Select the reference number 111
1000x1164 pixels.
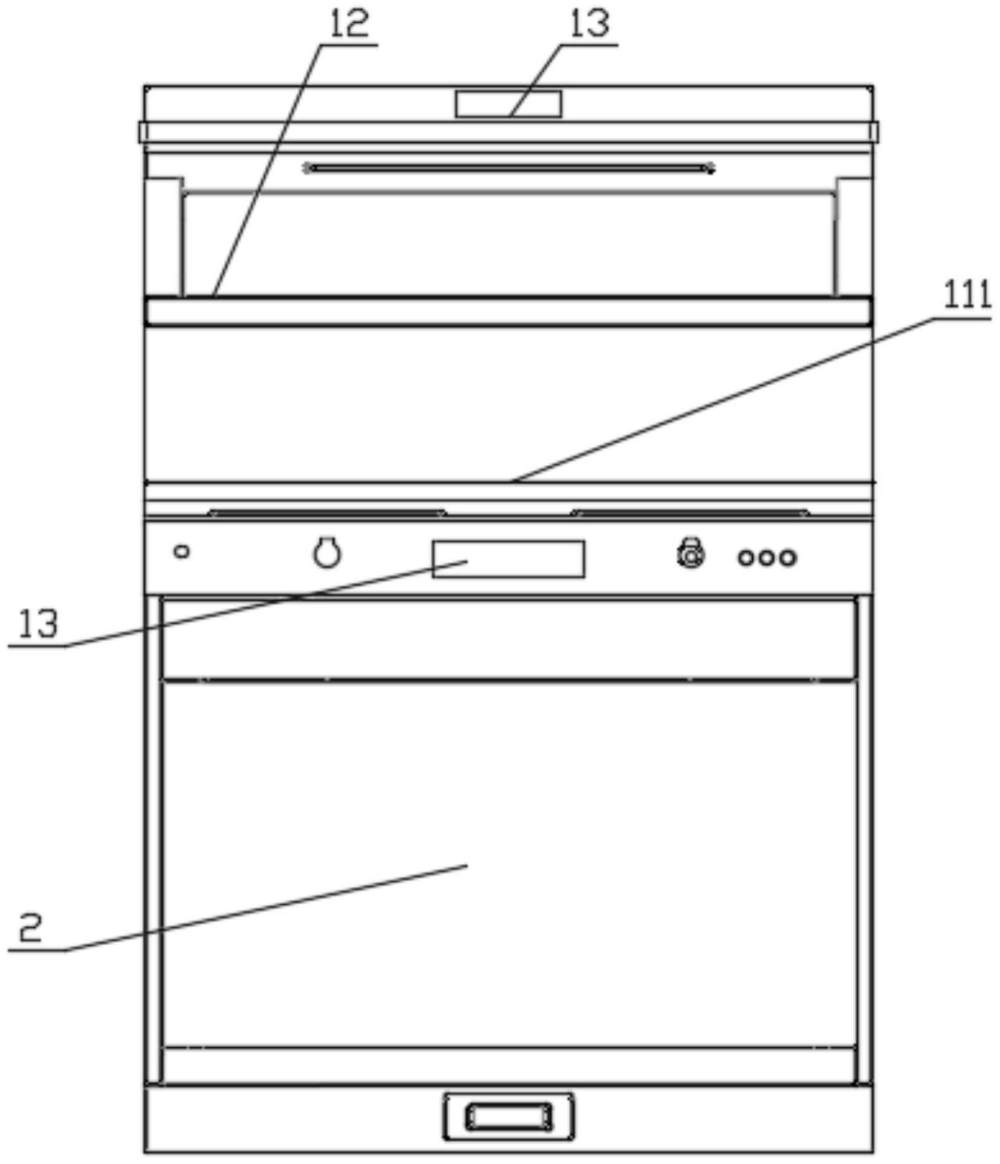coord(967,295)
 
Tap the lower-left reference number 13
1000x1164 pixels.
coord(38,625)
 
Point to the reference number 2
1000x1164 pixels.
coord(30,929)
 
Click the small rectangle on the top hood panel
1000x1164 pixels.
coord(509,104)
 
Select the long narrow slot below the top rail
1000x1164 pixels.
coord(509,168)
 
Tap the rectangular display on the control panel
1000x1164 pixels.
coord(509,559)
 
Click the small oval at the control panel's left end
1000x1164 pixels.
coord(182,552)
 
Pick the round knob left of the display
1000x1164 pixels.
coord(327,553)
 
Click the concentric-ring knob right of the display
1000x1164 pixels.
coord(692,556)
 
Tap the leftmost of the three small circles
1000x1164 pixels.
coord(747,558)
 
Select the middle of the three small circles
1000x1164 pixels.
coord(767,558)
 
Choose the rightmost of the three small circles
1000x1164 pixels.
coord(787,558)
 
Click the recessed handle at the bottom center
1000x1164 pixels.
coord(509,1116)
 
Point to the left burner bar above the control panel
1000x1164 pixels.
coord(327,513)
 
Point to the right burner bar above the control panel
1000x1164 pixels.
coord(692,513)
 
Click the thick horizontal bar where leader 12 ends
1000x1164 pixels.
coord(509,311)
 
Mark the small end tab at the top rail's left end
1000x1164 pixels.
coord(142,132)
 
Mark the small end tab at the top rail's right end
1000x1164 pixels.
coord(874,132)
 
